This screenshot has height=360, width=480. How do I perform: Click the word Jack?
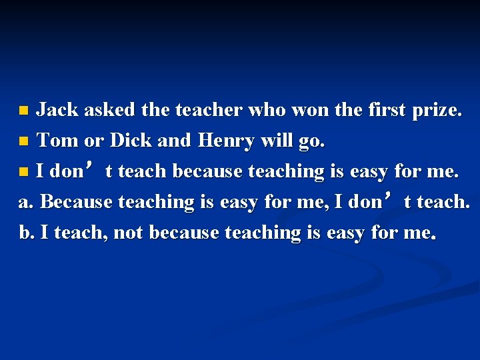57,110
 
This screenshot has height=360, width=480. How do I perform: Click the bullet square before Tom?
24,141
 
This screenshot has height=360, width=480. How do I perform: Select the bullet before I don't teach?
24,172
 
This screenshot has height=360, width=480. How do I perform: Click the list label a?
27,202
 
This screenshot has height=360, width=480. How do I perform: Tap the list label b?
27,233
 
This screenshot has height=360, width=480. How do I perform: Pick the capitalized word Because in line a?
77,202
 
